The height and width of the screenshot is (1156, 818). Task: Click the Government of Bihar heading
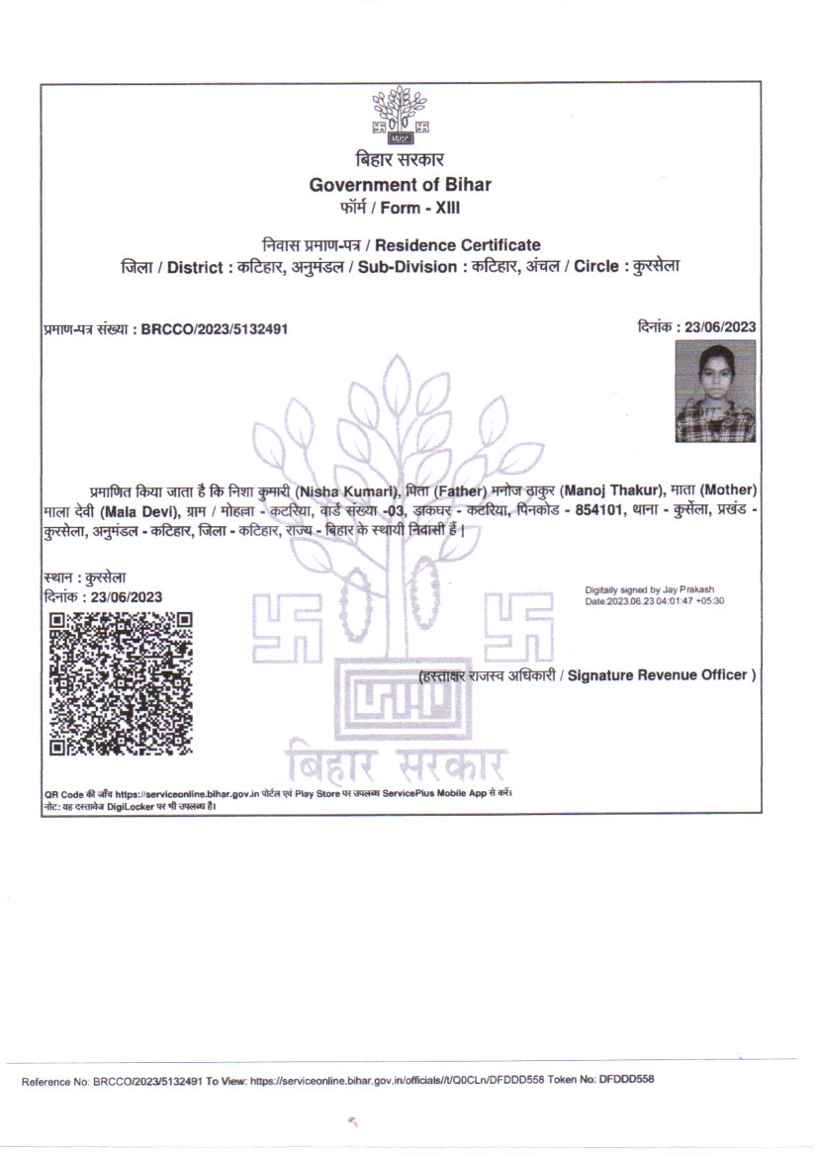400,185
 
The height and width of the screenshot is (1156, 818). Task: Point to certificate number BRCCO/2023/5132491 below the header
215,328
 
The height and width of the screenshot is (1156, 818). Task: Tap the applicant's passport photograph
715,391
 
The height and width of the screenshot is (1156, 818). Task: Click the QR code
121,684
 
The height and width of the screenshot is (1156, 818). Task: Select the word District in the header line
193,268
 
